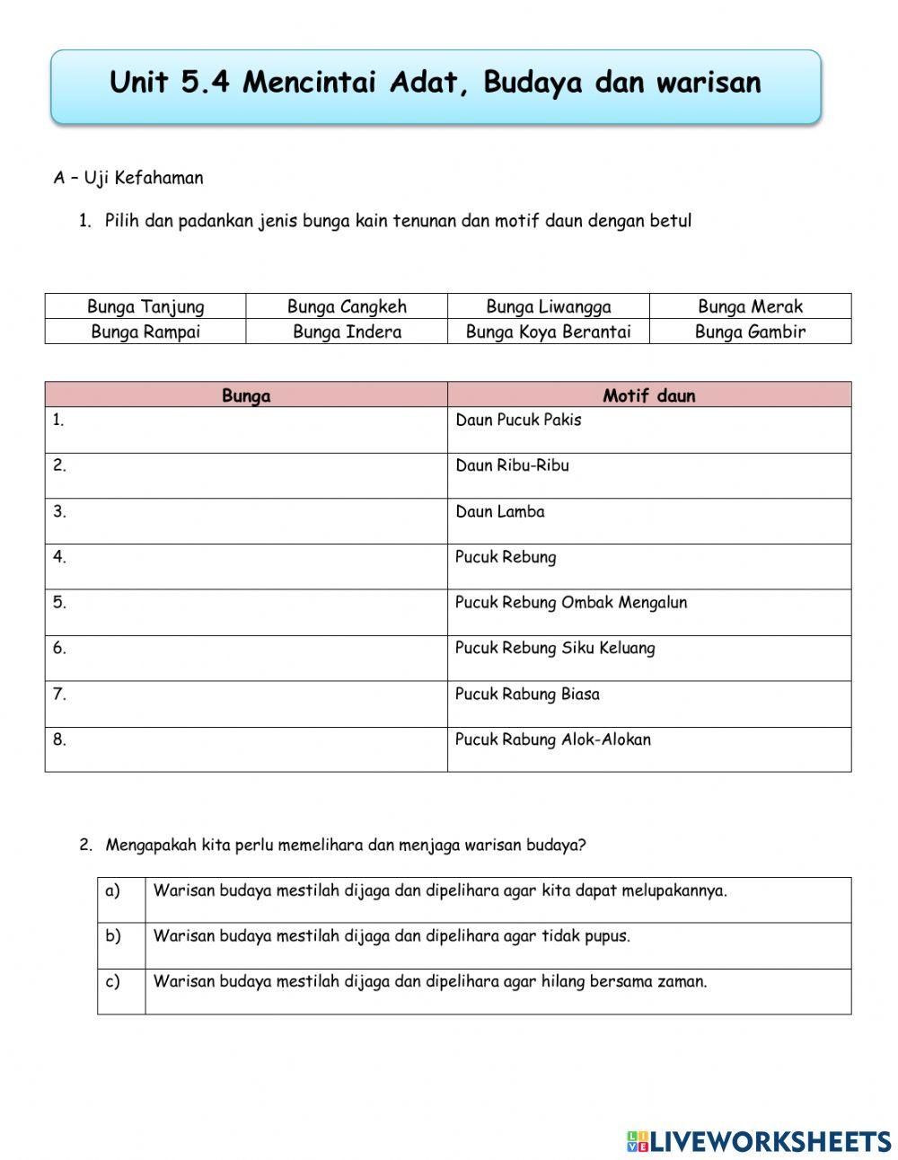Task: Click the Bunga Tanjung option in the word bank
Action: pos(145,306)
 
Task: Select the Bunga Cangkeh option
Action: pos(347,306)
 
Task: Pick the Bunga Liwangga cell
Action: pos(548,306)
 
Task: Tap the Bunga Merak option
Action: pos(750,306)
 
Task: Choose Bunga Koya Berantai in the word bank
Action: pos(548,332)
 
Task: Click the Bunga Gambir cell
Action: pos(750,332)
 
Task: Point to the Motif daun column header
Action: pos(648,395)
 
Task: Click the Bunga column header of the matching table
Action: pos(246,395)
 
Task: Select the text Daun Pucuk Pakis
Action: pos(518,420)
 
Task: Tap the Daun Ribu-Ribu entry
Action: pos(512,465)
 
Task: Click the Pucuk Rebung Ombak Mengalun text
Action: pos(570,602)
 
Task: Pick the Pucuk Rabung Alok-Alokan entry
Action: pos(552,739)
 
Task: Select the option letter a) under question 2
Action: pos(113,890)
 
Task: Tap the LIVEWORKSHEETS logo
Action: pos(759,1141)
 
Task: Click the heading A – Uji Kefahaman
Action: pos(128,178)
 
